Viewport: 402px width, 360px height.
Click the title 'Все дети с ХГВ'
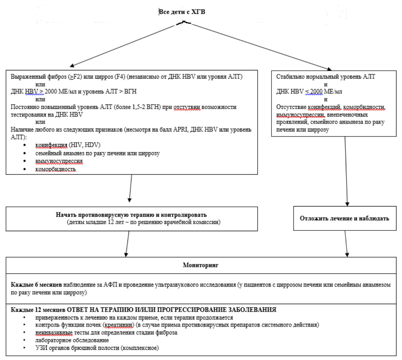pyautogui.click(x=182, y=12)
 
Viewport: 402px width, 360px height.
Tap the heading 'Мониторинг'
pyautogui.click(x=201, y=265)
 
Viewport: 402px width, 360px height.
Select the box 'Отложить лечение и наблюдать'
pyautogui.click(x=345, y=218)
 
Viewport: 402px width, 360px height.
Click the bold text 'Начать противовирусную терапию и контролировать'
pyautogui.click(x=131, y=215)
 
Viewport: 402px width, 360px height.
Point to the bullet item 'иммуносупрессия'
pyautogui.click(x=59, y=161)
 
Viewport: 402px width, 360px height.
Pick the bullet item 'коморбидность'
pyautogui.click(x=56, y=169)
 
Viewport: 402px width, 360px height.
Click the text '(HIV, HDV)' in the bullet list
pyautogui.click(x=84, y=145)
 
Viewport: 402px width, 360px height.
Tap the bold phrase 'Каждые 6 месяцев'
pyautogui.click(x=36, y=285)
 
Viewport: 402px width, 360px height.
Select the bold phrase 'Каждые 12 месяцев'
pyautogui.click(x=38, y=310)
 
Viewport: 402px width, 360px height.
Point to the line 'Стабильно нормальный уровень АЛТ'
pyautogui.click(x=326, y=77)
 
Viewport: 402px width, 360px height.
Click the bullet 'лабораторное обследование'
pyautogui.click(x=72, y=340)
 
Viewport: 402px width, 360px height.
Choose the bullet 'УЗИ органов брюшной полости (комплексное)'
pyautogui.click(x=97, y=348)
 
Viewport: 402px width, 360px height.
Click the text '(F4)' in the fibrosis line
pyautogui.click(x=120, y=77)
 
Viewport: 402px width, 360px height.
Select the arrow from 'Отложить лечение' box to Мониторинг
pyautogui.click(x=346, y=244)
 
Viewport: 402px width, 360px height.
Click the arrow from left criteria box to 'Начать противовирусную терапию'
pyautogui.click(x=130, y=188)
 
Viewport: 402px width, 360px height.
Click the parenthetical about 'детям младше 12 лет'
pyautogui.click(x=144, y=222)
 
